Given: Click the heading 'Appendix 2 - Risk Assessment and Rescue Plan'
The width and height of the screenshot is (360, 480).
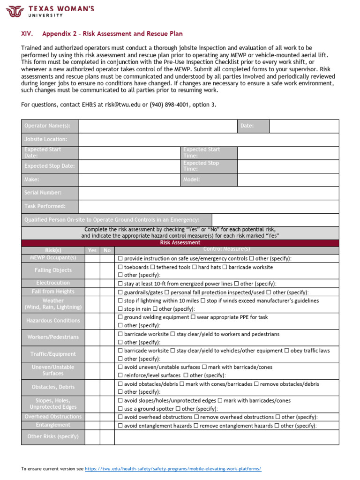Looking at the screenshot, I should (112, 34).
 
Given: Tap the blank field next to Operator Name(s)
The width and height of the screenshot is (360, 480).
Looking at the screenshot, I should (158, 126).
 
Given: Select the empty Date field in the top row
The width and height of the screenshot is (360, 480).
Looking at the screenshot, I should (304, 126).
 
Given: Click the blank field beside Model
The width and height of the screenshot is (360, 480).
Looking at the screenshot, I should (288, 180).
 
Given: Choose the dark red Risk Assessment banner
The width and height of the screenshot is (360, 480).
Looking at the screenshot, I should (180, 243).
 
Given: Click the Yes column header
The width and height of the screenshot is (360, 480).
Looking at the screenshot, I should (92, 250).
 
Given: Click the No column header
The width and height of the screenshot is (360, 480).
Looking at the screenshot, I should (107, 250).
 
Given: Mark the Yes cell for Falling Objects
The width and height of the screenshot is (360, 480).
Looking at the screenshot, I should (92, 270).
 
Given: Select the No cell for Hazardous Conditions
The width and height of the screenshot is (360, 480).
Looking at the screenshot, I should (107, 321).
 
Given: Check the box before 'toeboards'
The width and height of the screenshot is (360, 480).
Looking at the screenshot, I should (120, 267).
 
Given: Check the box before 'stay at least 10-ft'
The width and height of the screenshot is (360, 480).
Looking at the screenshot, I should (120, 284).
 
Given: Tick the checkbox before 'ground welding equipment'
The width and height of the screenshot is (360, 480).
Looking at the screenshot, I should (120, 317).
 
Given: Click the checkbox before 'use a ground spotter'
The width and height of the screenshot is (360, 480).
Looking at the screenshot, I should (120, 409).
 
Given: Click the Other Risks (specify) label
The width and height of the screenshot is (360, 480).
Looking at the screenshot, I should (53, 436).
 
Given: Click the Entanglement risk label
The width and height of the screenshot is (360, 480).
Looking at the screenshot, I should (53, 425).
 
